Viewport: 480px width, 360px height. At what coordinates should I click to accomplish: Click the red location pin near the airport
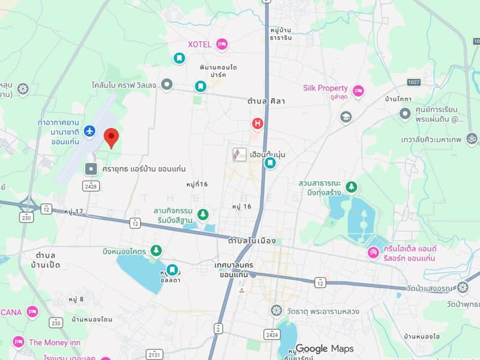(111, 137)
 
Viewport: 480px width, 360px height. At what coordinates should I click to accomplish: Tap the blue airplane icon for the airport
(89, 130)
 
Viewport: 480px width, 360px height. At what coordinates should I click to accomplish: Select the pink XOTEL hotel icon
(222, 44)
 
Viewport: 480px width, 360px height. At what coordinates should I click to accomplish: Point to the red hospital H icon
(257, 124)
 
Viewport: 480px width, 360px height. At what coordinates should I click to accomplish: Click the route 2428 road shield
(91, 187)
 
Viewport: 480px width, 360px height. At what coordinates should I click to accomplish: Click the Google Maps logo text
(324, 349)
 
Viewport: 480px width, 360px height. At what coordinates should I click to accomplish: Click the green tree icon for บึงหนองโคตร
(156, 250)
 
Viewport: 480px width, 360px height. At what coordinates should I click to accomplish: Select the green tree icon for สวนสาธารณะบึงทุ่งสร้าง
(351, 187)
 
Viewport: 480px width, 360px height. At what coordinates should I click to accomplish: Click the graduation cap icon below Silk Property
(346, 116)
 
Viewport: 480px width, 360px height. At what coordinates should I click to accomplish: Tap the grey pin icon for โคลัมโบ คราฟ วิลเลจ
(167, 85)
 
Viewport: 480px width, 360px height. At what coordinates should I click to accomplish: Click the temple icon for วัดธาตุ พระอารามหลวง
(276, 310)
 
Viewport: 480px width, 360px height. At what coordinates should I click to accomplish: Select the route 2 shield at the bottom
(218, 328)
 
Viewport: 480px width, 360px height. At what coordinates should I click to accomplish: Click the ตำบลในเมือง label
(252, 241)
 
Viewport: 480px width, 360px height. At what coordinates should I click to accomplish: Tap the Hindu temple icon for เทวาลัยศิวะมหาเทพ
(472, 139)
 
